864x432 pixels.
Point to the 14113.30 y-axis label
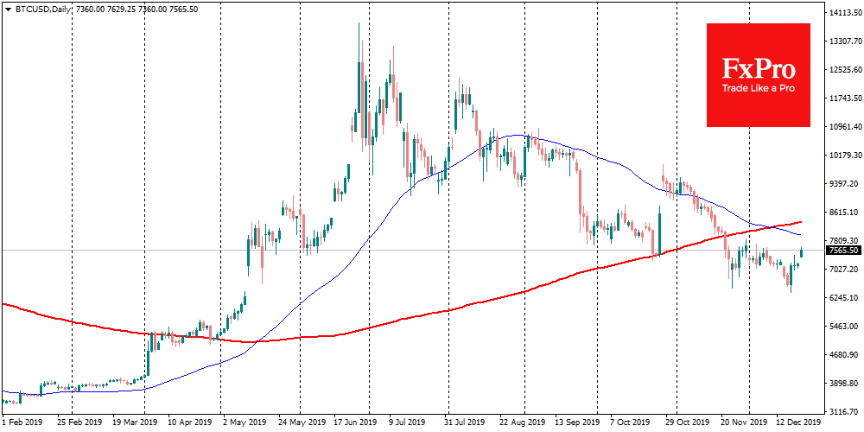[844, 13]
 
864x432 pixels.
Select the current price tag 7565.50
[843, 251]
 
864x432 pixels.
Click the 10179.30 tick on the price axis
[844, 156]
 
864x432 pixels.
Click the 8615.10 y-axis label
[844, 213]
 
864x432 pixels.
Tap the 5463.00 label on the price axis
[844, 327]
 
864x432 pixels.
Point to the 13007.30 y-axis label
[844, 41]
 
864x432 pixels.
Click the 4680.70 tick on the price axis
[844, 355]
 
